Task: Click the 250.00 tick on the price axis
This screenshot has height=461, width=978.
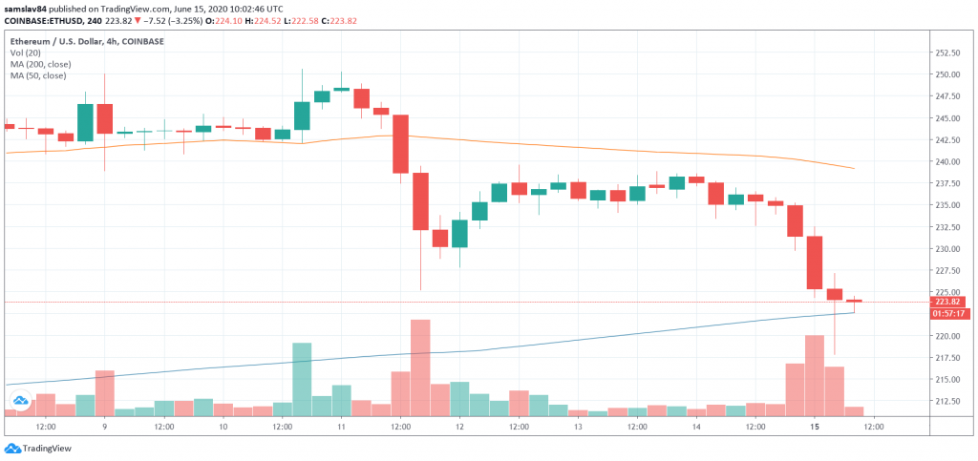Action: coord(947,74)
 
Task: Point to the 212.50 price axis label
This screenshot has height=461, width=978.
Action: coord(947,401)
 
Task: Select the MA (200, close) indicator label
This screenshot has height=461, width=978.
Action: coord(41,65)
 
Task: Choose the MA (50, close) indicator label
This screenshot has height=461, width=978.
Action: coord(39,76)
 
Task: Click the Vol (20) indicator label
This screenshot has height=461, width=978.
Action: coord(26,53)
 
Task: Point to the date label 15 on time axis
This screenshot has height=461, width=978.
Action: coord(814,427)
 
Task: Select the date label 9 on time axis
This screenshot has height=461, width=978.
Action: coord(104,427)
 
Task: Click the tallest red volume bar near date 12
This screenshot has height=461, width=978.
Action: coord(420,367)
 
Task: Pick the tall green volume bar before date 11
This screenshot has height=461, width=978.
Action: coord(302,379)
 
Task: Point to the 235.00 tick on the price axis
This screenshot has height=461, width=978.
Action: coord(947,205)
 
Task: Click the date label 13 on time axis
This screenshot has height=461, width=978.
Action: coord(578,427)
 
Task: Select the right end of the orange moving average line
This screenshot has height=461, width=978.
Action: coord(853,169)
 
